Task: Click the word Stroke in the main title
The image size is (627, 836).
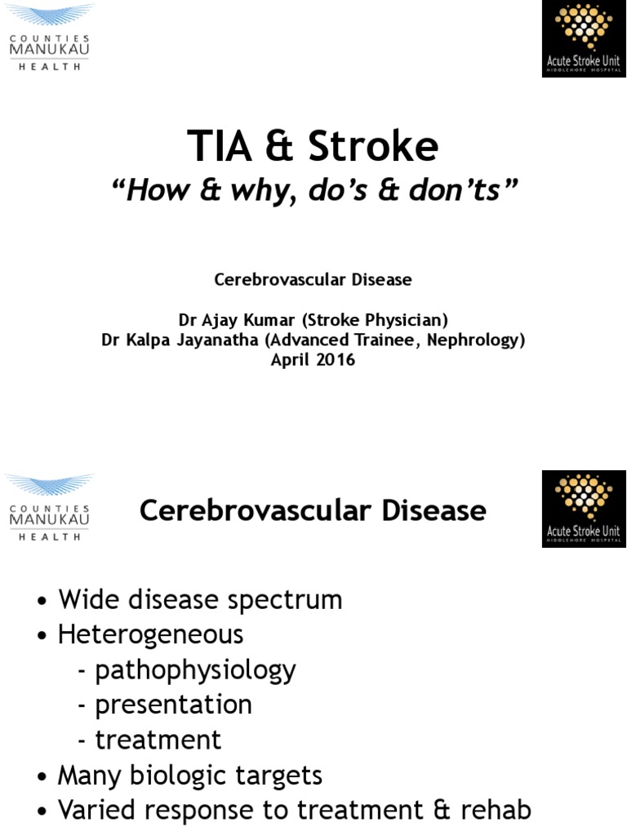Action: click(x=374, y=147)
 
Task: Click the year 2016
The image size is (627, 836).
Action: click(x=337, y=359)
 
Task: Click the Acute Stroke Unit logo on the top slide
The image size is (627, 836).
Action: click(x=584, y=39)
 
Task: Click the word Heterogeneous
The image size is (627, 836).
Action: click(x=151, y=634)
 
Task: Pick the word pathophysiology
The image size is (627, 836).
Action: click(x=196, y=670)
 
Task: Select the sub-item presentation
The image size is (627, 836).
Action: click(x=174, y=705)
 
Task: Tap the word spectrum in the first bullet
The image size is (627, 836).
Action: click(x=280, y=601)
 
